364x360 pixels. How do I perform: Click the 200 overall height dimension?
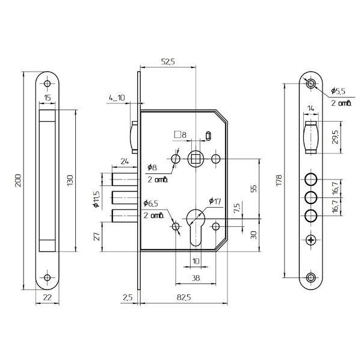pos(18,181)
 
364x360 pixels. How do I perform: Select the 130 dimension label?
pos(70,181)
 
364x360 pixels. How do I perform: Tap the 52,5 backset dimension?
pos(168,62)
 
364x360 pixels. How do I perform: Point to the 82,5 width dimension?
pos(184,297)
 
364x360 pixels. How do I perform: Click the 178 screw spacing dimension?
pos(279,180)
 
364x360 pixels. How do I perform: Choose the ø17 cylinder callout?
pos(215,201)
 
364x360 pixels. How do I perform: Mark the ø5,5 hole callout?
pos(338,91)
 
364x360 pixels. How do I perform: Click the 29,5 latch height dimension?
pos(335,137)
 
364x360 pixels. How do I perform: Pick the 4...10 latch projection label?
pos(117,98)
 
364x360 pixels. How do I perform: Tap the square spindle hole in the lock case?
pos(196,159)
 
